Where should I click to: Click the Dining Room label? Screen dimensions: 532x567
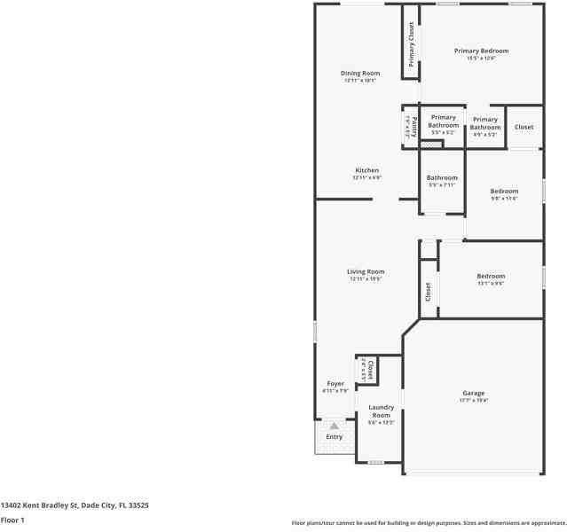360,73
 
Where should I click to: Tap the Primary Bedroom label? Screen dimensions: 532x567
481,51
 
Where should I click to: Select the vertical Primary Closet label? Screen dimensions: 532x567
411,44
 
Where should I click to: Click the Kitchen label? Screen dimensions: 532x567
366,170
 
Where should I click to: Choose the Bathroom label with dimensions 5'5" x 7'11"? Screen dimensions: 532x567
442,177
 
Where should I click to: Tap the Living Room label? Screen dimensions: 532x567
365,271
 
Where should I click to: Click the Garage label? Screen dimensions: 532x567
473,393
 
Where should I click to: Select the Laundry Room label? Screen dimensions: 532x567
381,411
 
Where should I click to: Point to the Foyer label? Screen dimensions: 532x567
335,384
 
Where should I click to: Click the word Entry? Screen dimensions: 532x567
334,436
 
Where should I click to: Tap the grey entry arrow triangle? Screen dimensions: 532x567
335,426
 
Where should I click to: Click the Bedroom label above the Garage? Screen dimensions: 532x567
491,276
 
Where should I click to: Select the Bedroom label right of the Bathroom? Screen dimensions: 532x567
504,191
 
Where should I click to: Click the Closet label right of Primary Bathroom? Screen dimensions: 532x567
524,127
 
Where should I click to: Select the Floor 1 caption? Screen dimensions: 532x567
12,520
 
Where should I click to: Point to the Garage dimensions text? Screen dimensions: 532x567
473,401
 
